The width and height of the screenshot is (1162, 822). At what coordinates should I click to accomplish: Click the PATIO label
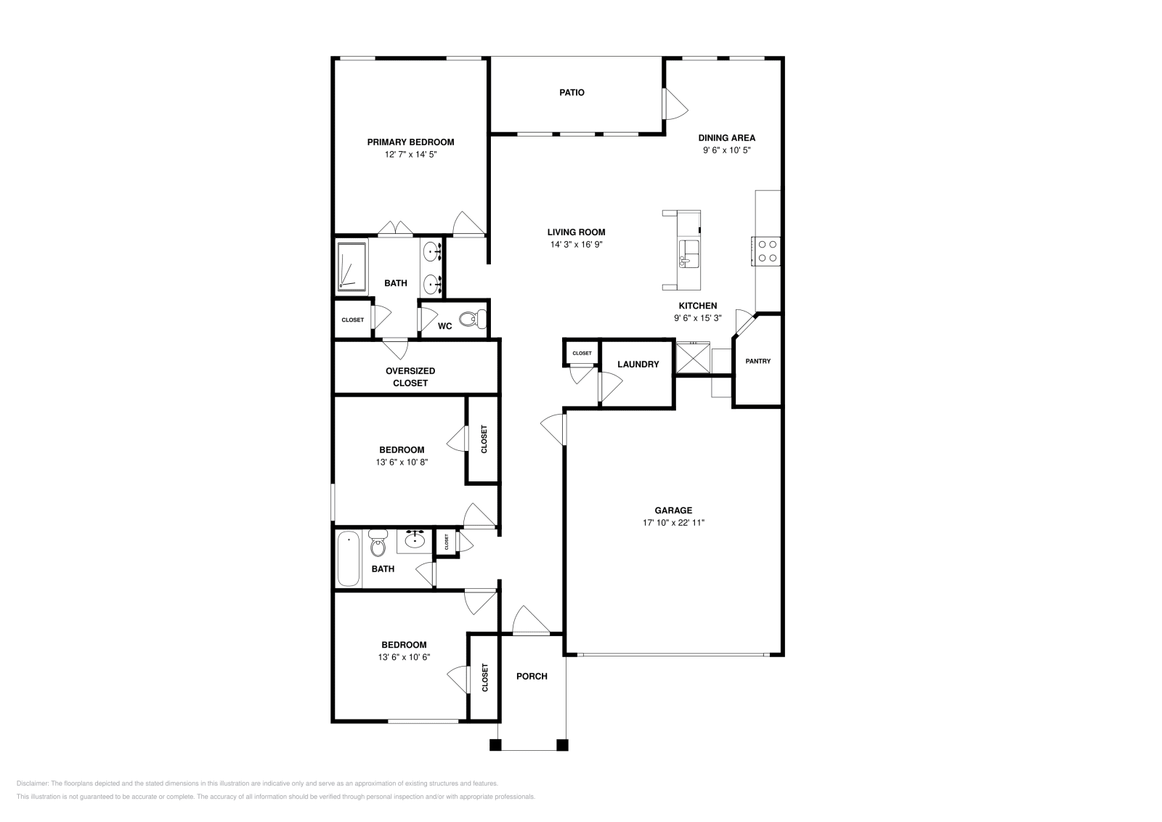572,92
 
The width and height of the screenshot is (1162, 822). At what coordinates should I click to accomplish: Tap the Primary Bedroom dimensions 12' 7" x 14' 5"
411,155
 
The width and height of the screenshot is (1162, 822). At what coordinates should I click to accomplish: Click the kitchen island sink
689,254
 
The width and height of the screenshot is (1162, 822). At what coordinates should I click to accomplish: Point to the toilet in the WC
473,319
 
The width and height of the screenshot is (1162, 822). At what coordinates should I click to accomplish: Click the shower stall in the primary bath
352,266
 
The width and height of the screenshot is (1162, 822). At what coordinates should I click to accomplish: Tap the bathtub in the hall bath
349,559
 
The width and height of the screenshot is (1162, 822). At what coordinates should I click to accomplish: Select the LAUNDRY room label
638,365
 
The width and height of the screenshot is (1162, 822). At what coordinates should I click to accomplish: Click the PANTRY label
758,361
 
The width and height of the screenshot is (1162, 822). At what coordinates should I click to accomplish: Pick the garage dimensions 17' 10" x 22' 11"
673,523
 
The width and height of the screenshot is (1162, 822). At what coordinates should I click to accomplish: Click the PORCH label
532,676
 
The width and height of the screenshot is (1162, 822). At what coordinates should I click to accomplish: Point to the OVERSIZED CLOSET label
410,377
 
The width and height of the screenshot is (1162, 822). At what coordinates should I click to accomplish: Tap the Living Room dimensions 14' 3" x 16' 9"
577,245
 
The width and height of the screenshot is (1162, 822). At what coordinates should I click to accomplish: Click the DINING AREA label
727,138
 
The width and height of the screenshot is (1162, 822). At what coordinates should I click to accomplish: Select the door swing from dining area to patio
676,105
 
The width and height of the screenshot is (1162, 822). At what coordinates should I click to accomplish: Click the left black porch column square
495,745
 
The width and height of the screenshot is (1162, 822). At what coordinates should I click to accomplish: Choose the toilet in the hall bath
378,542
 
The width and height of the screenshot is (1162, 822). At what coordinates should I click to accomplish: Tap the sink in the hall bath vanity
415,541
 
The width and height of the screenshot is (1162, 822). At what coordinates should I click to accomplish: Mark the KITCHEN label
698,306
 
